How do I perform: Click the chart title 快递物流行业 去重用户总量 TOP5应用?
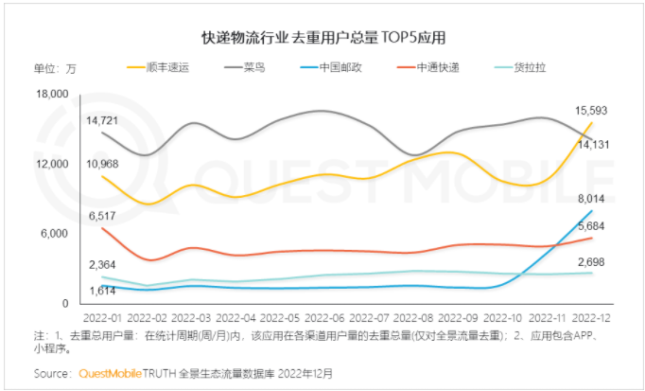coord(322,38)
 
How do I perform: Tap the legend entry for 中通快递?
coord(460,68)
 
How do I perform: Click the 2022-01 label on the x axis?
coord(103,320)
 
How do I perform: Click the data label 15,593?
coord(592,111)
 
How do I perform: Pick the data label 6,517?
coord(101,216)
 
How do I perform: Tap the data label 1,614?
coord(101,290)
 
